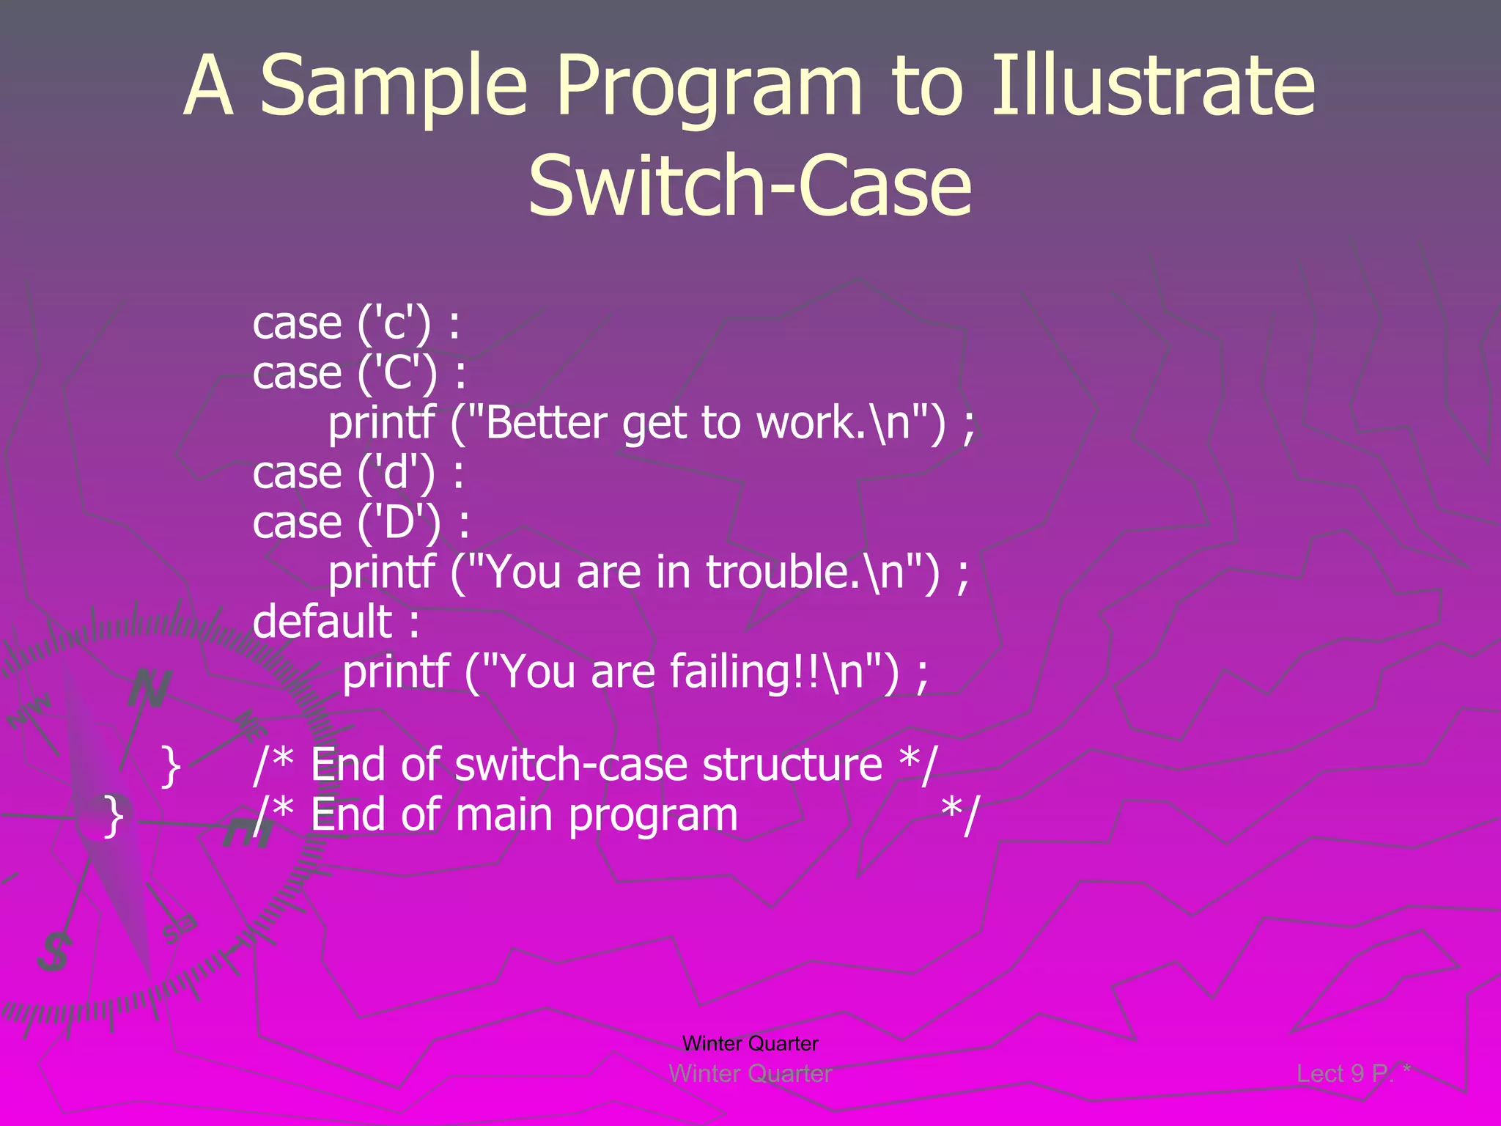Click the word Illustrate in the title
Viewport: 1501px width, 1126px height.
(x=1153, y=87)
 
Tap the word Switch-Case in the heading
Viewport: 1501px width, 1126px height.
(x=750, y=186)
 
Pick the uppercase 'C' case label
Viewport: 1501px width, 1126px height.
(x=397, y=373)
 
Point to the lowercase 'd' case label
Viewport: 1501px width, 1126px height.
(x=397, y=473)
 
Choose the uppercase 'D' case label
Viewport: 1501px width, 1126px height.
(x=399, y=523)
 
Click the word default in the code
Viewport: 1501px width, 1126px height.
(x=322, y=622)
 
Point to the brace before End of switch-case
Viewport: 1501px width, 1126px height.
(x=170, y=766)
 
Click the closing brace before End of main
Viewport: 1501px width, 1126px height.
(x=114, y=816)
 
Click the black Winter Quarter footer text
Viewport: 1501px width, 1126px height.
(x=750, y=1043)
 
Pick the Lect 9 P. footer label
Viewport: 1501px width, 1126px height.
(x=1344, y=1074)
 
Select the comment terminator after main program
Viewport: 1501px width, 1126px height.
(x=959, y=816)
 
